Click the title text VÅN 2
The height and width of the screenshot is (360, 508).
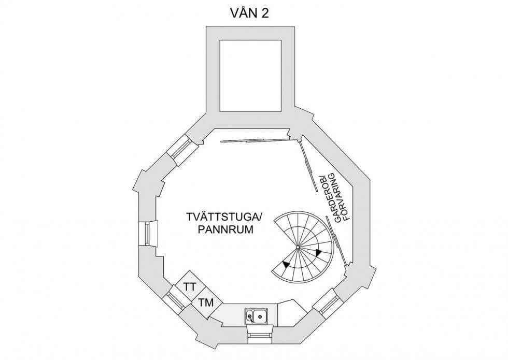pos(250,14)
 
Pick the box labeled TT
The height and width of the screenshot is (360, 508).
pos(190,286)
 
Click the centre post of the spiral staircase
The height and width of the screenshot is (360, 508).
pos(299,249)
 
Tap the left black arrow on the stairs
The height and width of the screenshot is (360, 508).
pos(286,265)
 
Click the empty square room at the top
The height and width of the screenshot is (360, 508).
pos(251,75)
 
